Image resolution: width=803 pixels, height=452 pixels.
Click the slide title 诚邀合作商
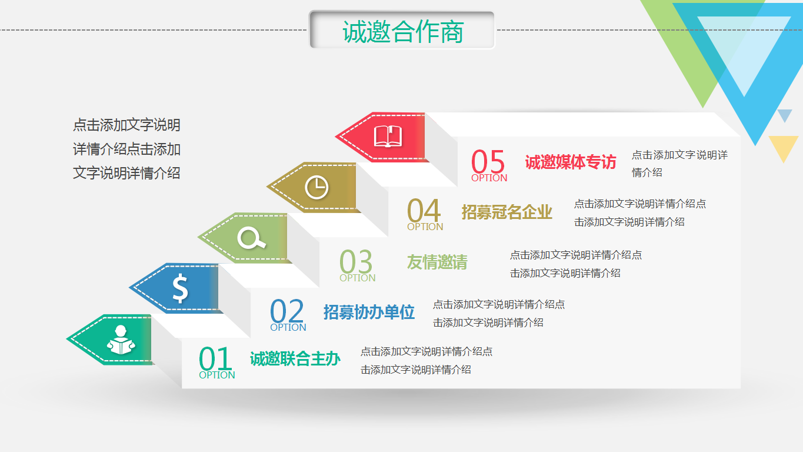click(x=402, y=31)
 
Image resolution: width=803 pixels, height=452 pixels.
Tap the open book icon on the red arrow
click(x=388, y=137)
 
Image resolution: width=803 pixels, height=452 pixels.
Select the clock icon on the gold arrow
click(x=316, y=187)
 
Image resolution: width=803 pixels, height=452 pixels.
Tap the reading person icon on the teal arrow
click(x=121, y=340)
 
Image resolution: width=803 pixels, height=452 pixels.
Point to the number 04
click(x=424, y=210)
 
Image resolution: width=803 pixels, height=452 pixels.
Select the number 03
click(x=356, y=261)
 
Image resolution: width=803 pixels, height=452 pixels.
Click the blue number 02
click(x=287, y=311)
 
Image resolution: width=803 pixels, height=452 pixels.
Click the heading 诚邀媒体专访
click(x=570, y=162)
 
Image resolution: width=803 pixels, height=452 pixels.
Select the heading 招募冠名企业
click(x=507, y=212)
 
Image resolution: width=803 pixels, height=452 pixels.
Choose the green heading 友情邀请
click(x=437, y=262)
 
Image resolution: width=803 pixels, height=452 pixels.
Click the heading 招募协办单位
click(x=369, y=312)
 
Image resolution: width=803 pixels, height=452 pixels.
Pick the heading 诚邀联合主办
click(x=295, y=358)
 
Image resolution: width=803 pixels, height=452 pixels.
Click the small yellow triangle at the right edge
click(x=783, y=145)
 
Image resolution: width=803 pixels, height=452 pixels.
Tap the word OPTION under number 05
click(x=489, y=178)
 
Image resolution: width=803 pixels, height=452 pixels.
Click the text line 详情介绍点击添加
click(x=126, y=149)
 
